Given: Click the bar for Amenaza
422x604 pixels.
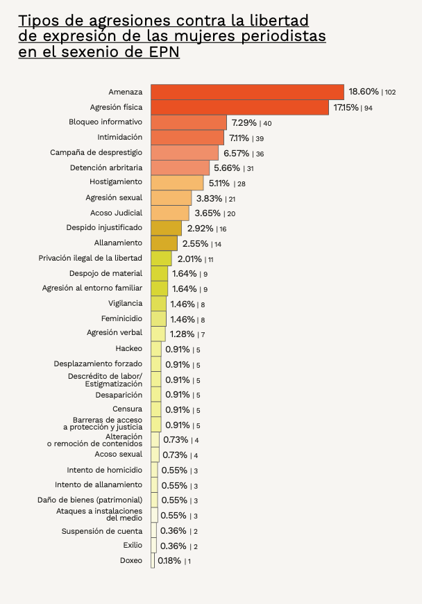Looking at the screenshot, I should tap(247, 92).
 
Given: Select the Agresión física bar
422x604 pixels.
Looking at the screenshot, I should tap(239, 107).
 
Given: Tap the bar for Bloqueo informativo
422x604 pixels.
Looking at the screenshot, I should tap(188, 122).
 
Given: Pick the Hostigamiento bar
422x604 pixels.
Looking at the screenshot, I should tap(177, 183).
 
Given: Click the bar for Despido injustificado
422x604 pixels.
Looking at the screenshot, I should tap(166, 228).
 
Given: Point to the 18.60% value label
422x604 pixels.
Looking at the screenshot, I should tap(364, 92).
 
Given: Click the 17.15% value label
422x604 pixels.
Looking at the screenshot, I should tap(346, 108).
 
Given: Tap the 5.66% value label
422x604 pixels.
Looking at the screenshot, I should tap(227, 168).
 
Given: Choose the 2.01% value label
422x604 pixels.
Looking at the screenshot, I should tap(189, 259).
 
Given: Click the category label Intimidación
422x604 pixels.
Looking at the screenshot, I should tap(119, 137).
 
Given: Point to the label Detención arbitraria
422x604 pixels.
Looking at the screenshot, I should tap(106, 168).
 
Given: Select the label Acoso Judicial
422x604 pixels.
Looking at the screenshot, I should tap(116, 213).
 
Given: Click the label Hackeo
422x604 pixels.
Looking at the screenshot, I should tap(128, 348).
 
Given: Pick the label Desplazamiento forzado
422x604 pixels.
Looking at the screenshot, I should tap(98, 364).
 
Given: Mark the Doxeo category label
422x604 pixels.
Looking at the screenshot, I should tap(130, 560).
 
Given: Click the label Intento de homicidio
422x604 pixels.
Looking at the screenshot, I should tap(104, 470).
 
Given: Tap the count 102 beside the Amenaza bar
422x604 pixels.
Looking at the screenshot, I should tap(389, 92).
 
